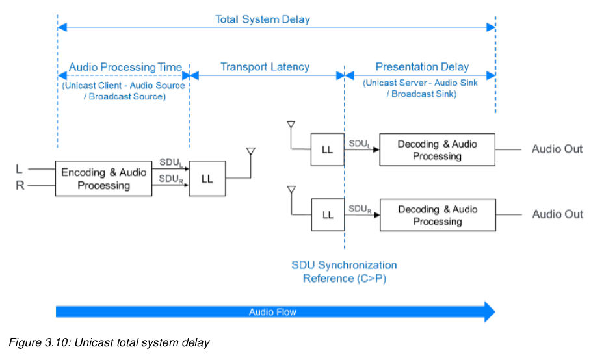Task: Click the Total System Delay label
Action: click(x=263, y=19)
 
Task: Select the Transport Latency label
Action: click(x=265, y=67)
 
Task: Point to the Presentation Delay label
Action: click(x=422, y=67)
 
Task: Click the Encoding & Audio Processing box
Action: click(x=104, y=179)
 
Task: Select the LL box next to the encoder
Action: click(x=207, y=179)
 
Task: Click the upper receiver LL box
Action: click(x=327, y=149)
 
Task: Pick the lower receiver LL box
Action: click(x=327, y=214)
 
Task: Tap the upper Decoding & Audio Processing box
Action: click(x=437, y=150)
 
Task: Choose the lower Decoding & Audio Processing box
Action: click(x=437, y=215)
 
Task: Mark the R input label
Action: click(x=19, y=186)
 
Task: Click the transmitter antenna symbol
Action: click(x=250, y=153)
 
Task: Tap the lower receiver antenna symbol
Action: click(x=291, y=190)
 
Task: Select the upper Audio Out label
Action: click(x=557, y=149)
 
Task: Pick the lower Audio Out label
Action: click(x=557, y=214)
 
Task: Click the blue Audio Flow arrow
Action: click(x=273, y=312)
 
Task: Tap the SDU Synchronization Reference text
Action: click(x=344, y=272)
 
